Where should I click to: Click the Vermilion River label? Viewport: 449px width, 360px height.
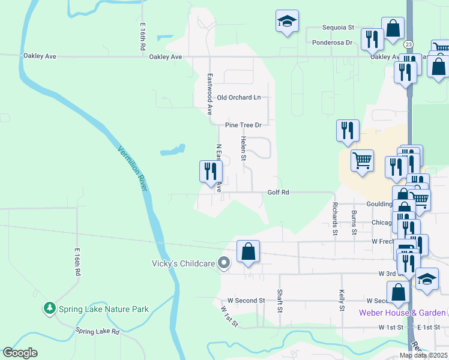pyautogui.click(x=133, y=169)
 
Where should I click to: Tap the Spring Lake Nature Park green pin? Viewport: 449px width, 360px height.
pyautogui.click(x=49, y=308)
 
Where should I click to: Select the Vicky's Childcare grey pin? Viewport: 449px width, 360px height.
pyautogui.click(x=224, y=263)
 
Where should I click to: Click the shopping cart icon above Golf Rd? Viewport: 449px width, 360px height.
pyautogui.click(x=362, y=160)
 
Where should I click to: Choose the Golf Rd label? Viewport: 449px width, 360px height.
pyautogui.click(x=279, y=193)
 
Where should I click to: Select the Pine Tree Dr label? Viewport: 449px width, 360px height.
pyautogui.click(x=244, y=125)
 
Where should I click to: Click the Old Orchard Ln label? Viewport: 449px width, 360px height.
pyautogui.click(x=239, y=97)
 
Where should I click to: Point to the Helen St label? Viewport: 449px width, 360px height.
pyautogui.click(x=244, y=148)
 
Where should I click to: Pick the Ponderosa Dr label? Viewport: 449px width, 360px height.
pyautogui.click(x=332, y=43)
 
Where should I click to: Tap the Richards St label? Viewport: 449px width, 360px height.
pyautogui.click(x=334, y=222)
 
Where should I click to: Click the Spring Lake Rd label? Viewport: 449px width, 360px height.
pyautogui.click(x=97, y=331)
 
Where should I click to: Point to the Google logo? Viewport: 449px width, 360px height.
pyautogui.click(x=20, y=353)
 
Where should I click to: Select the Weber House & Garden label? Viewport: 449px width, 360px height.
pyautogui.click(x=402, y=313)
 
